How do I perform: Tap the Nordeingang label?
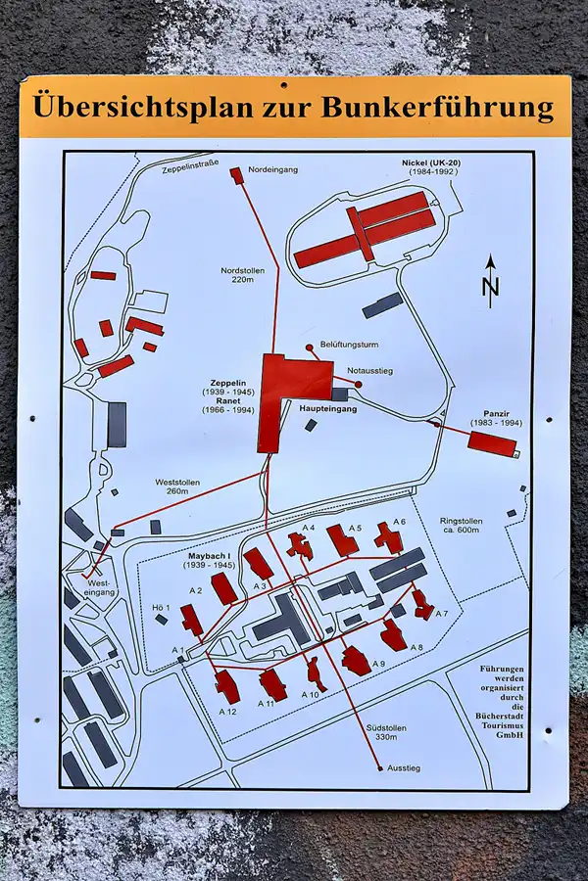tap(273, 169)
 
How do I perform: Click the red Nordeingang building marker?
tap(235, 174)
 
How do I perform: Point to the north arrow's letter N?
tap(491, 287)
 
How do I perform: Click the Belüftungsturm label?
tap(349, 345)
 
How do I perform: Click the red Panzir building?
tap(491, 443)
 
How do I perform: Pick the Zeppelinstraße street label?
tap(187, 168)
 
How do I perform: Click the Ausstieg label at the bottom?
tap(404, 767)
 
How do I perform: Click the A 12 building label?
tap(227, 711)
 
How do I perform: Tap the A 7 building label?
tap(441, 614)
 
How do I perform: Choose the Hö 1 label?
tap(162, 608)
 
